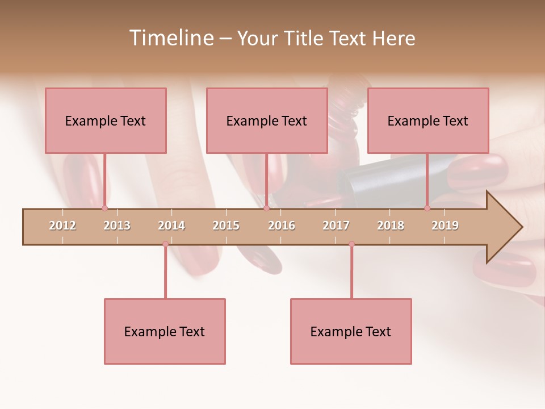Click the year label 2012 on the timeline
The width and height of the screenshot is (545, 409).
click(62, 226)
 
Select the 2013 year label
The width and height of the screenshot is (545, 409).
click(117, 226)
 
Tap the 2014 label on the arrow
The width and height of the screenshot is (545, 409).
click(171, 226)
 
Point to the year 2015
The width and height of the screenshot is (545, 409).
click(226, 226)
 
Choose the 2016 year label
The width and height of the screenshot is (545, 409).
click(282, 226)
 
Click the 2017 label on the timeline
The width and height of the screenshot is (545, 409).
click(336, 226)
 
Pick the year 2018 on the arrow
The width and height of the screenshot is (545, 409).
click(391, 226)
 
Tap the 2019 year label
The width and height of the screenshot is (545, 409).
click(445, 226)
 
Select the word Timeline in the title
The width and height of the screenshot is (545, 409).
click(170, 38)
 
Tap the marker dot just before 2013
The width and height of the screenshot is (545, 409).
click(104, 208)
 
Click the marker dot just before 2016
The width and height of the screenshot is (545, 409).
click(266, 208)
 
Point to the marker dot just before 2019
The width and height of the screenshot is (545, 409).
click(427, 208)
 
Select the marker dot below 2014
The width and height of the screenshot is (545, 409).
click(165, 244)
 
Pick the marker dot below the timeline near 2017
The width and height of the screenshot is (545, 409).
click(351, 244)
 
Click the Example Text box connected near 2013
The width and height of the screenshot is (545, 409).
click(106, 120)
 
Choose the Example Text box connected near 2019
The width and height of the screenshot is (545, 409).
click(428, 120)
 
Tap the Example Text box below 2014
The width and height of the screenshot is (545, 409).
click(165, 331)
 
